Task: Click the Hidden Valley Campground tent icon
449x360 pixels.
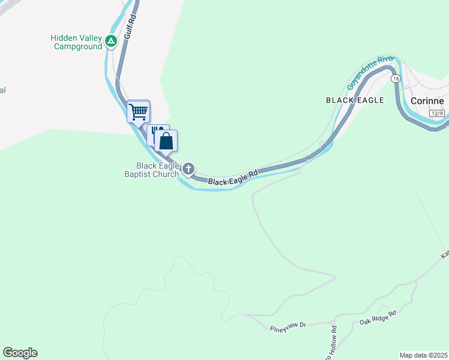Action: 110,41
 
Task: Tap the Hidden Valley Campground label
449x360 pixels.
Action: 76,42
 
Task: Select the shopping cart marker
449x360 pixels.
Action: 139,111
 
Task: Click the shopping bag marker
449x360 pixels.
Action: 166,141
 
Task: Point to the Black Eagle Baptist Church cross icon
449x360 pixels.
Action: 188,169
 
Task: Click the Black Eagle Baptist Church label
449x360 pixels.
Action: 149,170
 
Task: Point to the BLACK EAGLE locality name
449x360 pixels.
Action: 355,100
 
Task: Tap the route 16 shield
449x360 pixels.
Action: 396,79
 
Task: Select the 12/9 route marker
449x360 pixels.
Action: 437,113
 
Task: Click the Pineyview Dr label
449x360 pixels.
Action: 288,325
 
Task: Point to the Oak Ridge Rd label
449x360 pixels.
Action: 378,318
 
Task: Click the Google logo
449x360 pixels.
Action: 20,353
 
